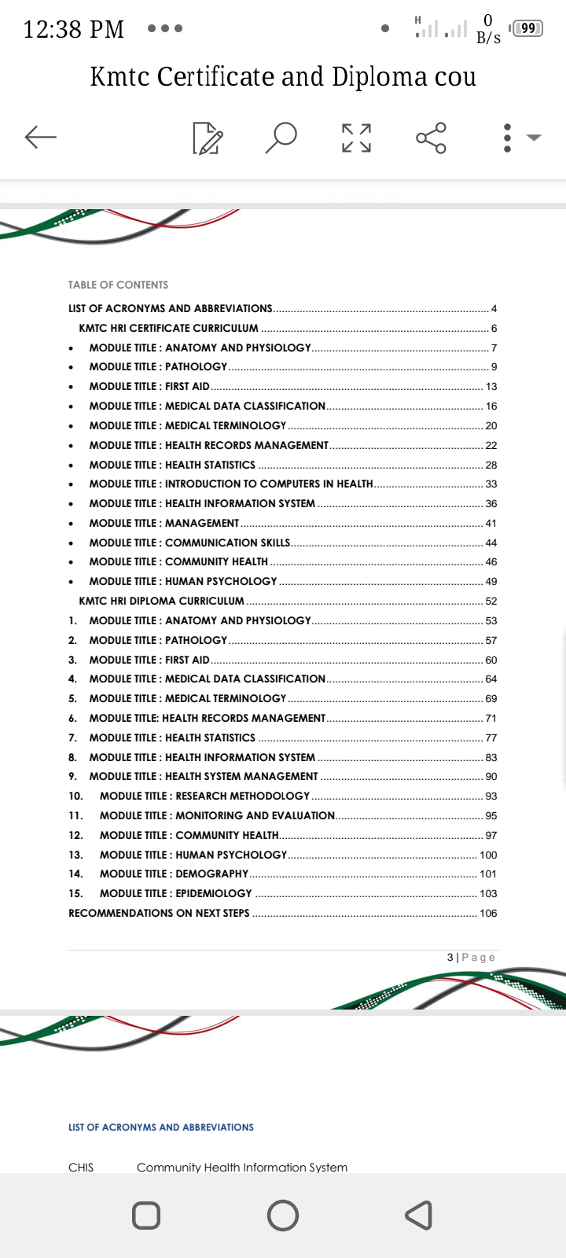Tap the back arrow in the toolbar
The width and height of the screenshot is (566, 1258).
coord(41,137)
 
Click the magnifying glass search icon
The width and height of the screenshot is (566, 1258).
coord(281,137)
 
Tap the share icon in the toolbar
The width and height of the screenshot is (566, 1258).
coord(431,138)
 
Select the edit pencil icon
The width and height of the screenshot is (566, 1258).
coord(208,138)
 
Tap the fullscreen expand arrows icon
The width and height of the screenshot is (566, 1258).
coord(356,138)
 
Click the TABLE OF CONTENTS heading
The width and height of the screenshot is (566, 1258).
coord(118,285)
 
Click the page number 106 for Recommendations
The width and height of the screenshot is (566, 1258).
coord(488,913)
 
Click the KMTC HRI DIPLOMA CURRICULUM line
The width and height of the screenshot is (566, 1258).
coord(161,601)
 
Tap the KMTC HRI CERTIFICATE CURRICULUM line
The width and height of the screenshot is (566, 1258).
coord(168,328)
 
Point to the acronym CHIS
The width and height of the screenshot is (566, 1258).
coord(81,1168)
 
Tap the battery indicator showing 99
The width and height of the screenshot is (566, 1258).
coord(527,28)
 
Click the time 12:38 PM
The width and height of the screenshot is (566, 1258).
coord(74,30)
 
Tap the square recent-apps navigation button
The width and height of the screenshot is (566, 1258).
coord(146,1215)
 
